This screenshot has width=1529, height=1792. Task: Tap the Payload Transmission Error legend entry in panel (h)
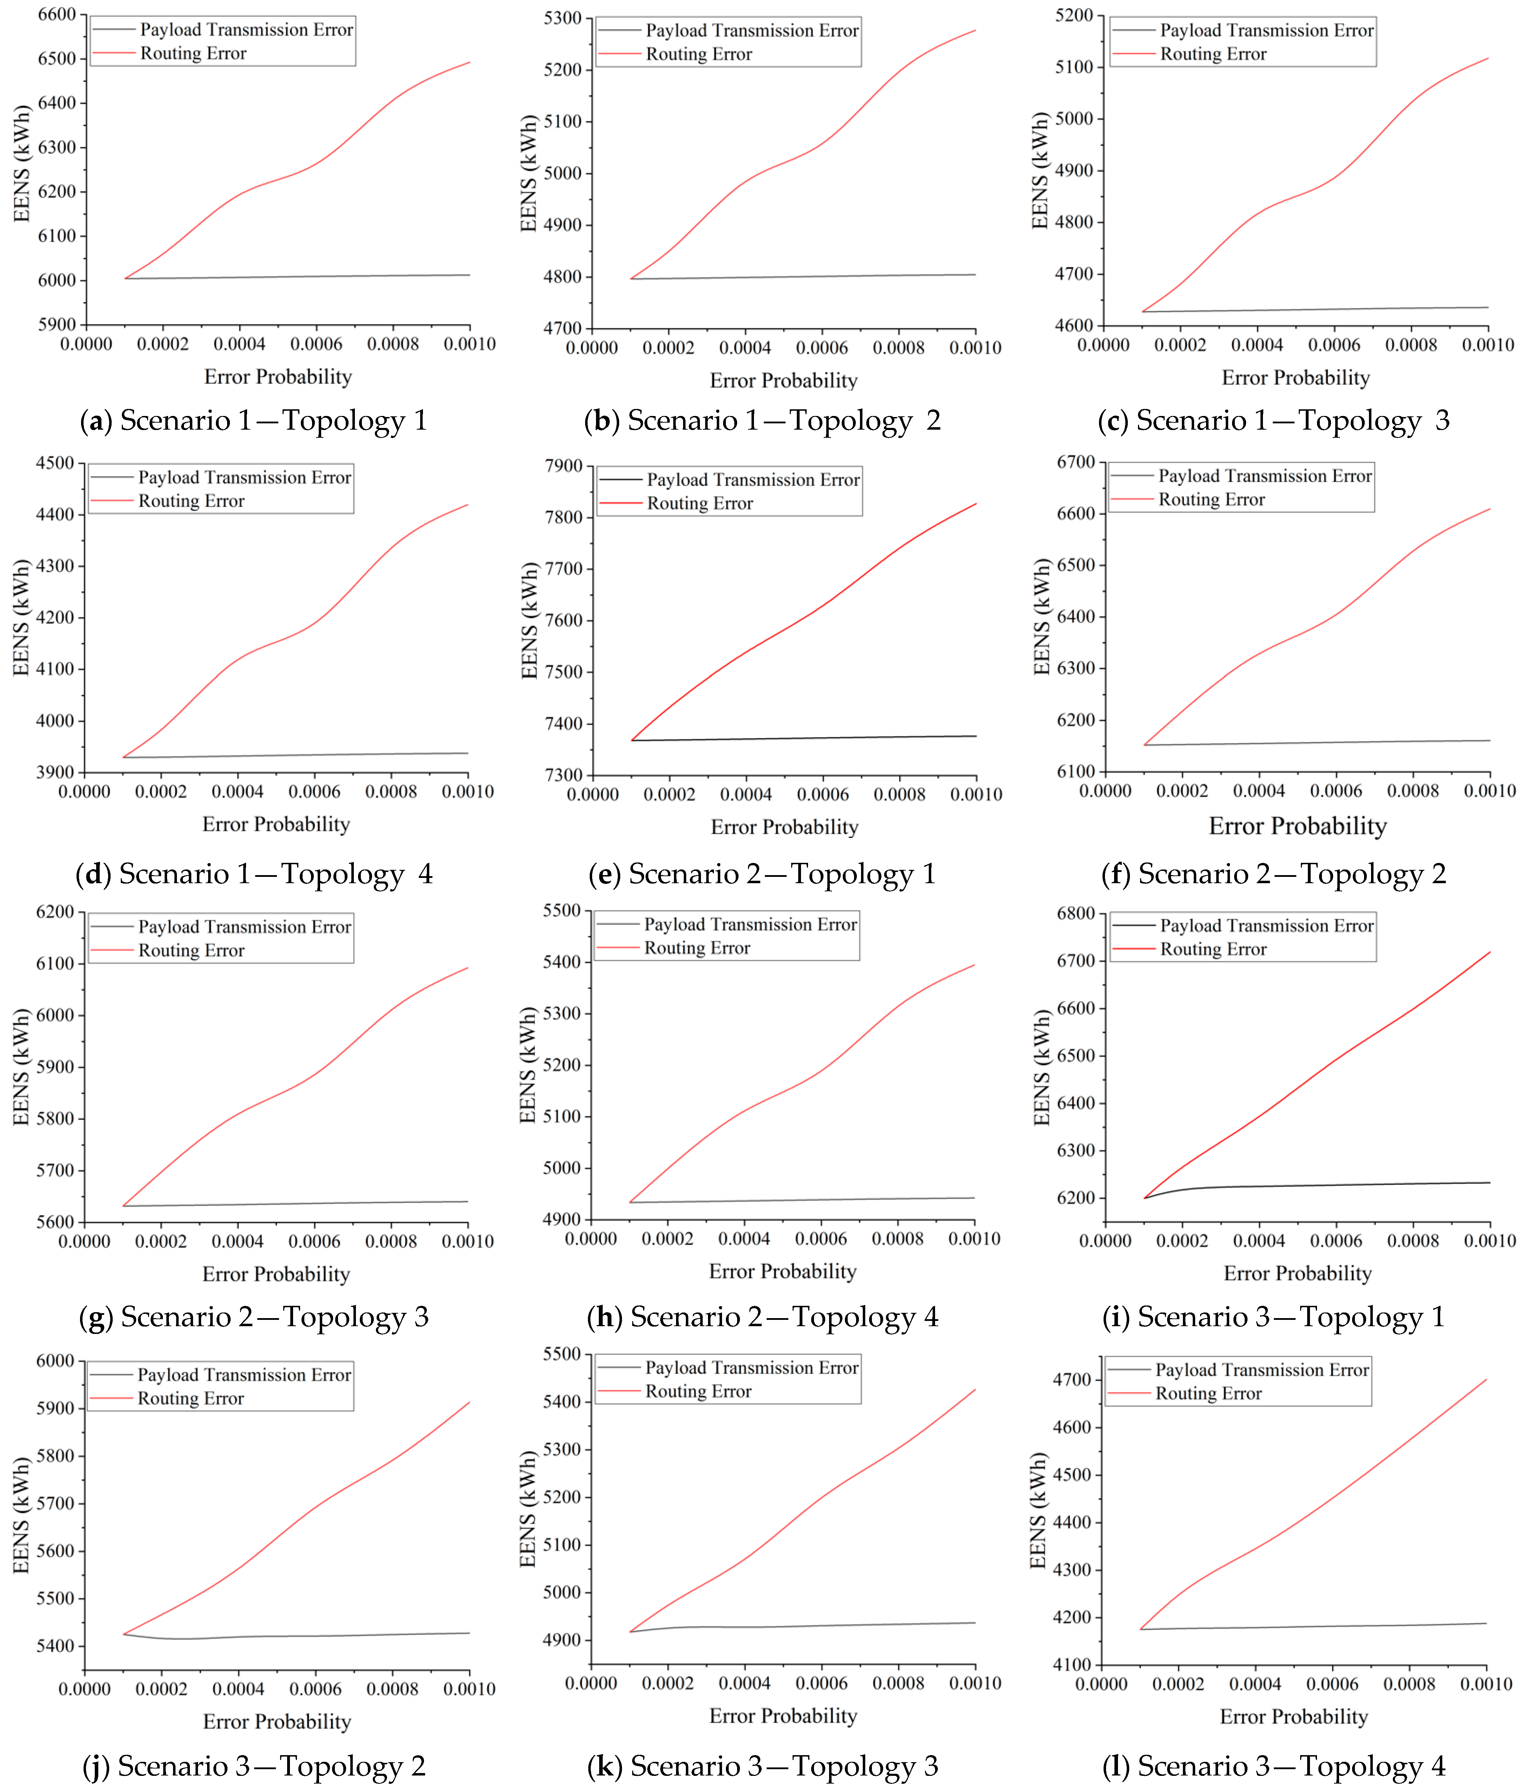tap(750, 925)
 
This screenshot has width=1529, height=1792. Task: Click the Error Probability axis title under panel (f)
tap(1297, 827)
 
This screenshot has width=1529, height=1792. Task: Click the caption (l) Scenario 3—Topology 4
tap(1273, 1766)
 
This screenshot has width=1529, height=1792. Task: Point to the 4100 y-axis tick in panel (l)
tap(1072, 1665)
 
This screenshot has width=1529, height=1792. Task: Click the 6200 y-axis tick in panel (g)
tap(55, 912)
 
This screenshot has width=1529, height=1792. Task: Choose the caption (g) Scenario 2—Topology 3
tap(253, 1317)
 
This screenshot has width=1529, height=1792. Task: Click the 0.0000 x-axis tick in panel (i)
tap(1105, 1241)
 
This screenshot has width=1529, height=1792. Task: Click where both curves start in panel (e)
tap(631, 740)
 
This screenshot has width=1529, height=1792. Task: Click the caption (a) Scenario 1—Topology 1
tap(253, 421)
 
